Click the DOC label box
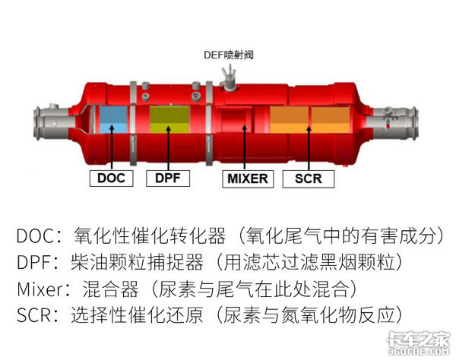[111, 179]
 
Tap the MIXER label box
[247, 179]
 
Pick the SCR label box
[309, 179]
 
